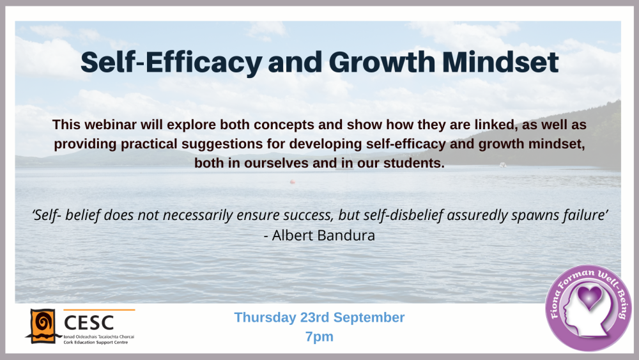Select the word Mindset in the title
pos(504,62)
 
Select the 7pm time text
pos(319,336)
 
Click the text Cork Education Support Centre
pos(99,342)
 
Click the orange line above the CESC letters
pos(99,310)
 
